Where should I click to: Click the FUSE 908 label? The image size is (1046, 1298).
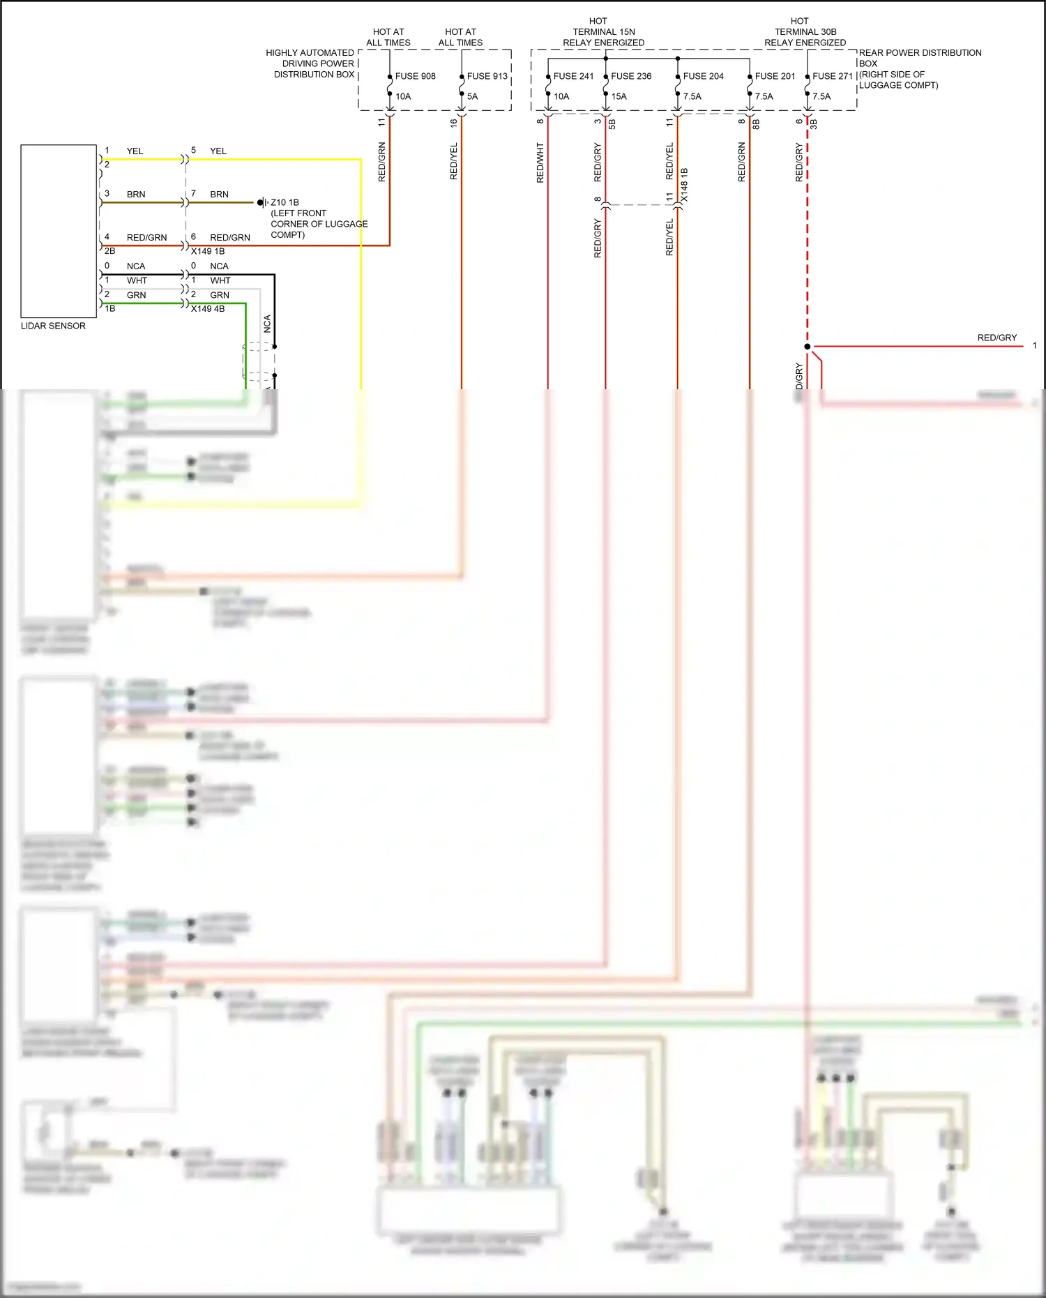[x=415, y=76]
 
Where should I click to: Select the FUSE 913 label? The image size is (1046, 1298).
[x=487, y=76]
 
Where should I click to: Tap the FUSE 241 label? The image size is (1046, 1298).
[x=573, y=76]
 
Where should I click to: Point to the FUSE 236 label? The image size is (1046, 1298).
[x=631, y=76]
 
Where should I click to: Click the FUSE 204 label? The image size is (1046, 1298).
[x=703, y=76]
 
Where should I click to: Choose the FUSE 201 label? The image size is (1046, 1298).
[x=775, y=76]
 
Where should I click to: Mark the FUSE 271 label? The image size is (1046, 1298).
[x=833, y=76]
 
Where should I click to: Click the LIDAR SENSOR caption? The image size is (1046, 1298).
[x=53, y=326]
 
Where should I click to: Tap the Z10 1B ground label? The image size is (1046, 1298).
[x=285, y=202]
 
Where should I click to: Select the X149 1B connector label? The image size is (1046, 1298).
[x=208, y=251]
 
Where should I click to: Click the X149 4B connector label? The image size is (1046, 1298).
[x=208, y=308]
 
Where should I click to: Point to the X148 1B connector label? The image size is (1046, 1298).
[x=684, y=185]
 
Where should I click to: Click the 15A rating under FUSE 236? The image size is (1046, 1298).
[x=619, y=96]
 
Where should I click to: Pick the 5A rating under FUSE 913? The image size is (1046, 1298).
[x=473, y=96]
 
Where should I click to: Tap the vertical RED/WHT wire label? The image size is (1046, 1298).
[x=540, y=163]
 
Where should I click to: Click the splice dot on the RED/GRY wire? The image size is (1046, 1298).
[x=808, y=346]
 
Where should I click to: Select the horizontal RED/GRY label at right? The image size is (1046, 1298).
[x=996, y=338]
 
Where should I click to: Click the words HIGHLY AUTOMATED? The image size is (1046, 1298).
[x=310, y=52]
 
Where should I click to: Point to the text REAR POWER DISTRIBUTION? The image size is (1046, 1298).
[x=920, y=52]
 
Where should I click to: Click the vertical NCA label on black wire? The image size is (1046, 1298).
[x=267, y=324]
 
